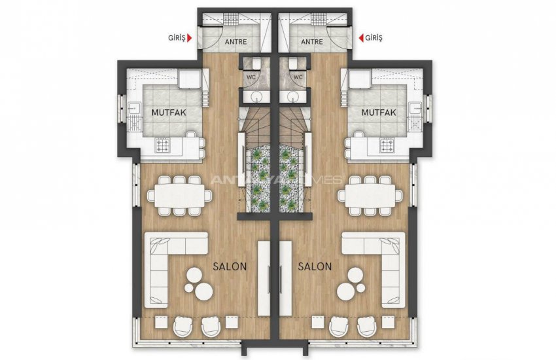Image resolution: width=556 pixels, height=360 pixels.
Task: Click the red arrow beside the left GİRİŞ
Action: tap(190, 38)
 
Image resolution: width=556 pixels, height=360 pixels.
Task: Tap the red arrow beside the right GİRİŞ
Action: tap(361, 37)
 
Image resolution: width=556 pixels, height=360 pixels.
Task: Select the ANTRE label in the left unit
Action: tap(235, 42)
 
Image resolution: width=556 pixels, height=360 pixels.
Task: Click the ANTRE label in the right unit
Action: tap(312, 42)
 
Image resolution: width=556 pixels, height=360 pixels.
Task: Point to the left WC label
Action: tap(251, 77)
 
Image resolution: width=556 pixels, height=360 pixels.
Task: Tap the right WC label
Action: tap(298, 77)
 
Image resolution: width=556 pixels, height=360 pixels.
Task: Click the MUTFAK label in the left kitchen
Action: tap(169, 113)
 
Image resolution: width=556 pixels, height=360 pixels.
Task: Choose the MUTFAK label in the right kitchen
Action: tap(379, 113)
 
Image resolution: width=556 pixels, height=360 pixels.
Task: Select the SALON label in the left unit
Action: tap(230, 266)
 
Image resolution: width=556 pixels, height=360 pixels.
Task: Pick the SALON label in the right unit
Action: tap(315, 266)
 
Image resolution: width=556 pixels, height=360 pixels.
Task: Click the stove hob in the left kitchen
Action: tap(163, 146)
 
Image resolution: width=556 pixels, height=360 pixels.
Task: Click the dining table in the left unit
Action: tap(180, 196)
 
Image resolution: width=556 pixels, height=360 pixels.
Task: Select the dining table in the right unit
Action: tap(370, 196)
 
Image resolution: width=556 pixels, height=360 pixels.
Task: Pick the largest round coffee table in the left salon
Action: tap(204, 291)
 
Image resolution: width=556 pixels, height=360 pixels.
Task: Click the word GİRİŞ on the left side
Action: tap(177, 38)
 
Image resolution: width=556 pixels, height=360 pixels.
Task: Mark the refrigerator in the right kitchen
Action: tap(360, 79)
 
